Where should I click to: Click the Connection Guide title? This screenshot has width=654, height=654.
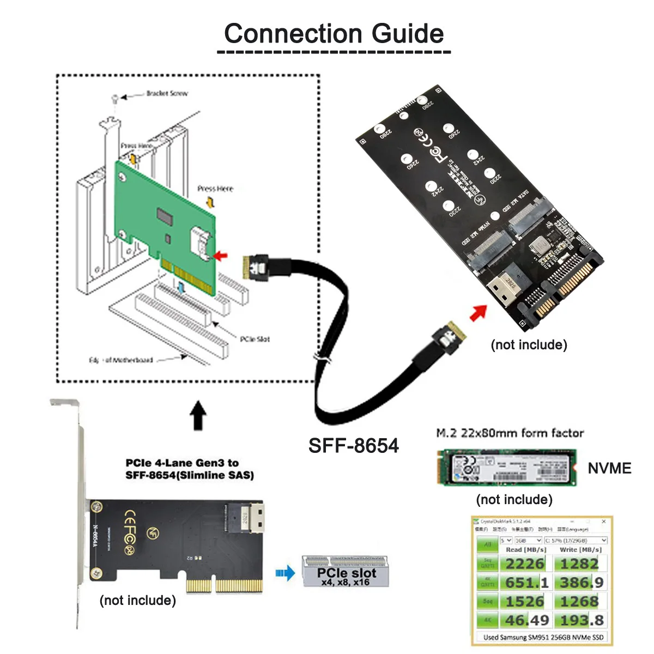pos(334,34)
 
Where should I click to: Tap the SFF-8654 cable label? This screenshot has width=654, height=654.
pos(353,445)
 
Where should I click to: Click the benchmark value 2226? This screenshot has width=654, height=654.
pos(524,564)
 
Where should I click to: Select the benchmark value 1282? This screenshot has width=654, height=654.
pos(579,564)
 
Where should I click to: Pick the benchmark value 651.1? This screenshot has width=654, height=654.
pos(526,583)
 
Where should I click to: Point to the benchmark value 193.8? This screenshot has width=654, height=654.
pos(582,620)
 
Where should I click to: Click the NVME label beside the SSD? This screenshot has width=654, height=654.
pos(609,468)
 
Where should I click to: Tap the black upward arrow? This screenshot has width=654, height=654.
pos(198,416)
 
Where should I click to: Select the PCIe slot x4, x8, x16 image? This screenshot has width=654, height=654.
pos(346,571)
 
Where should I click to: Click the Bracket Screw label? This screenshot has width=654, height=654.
pos(167,94)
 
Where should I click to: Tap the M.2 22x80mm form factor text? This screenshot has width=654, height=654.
pos(510,433)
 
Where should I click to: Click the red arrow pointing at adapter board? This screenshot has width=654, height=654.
pos(479,313)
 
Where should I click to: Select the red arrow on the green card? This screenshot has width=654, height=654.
pos(221,255)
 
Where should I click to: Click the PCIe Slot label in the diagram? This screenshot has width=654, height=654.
pos(255,339)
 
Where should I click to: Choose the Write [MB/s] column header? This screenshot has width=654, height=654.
pos(579,550)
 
